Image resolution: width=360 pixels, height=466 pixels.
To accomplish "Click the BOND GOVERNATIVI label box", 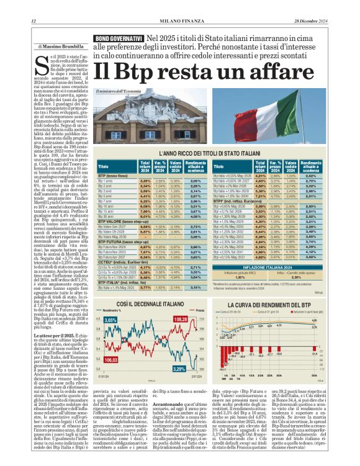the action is click(119, 38).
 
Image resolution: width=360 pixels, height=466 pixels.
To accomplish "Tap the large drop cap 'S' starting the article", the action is click(42, 64).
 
